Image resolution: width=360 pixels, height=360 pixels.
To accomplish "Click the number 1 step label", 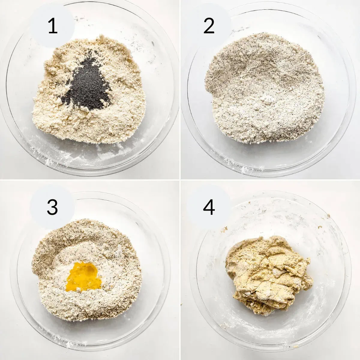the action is [x=52, y=26].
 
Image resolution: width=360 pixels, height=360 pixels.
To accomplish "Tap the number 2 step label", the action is [x=209, y=26].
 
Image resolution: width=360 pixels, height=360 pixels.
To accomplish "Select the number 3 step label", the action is [x=52, y=207].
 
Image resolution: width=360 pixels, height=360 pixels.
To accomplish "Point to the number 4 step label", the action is [x=209, y=207].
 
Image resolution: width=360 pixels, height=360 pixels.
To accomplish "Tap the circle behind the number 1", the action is [x=52, y=26].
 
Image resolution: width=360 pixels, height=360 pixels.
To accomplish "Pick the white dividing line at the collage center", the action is [x=180, y=180].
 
